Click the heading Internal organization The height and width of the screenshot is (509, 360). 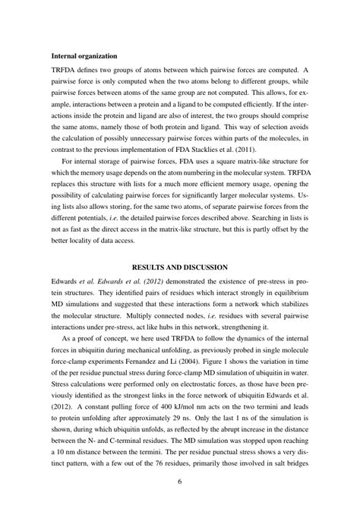pyautogui.click(x=84, y=56)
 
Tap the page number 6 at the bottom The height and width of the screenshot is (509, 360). pyautogui.click(x=180, y=481)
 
